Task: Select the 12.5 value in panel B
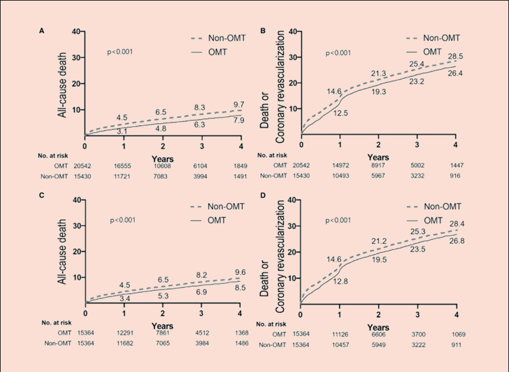340,113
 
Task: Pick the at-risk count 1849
240,166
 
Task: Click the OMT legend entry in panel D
435,220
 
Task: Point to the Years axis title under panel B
378,157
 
